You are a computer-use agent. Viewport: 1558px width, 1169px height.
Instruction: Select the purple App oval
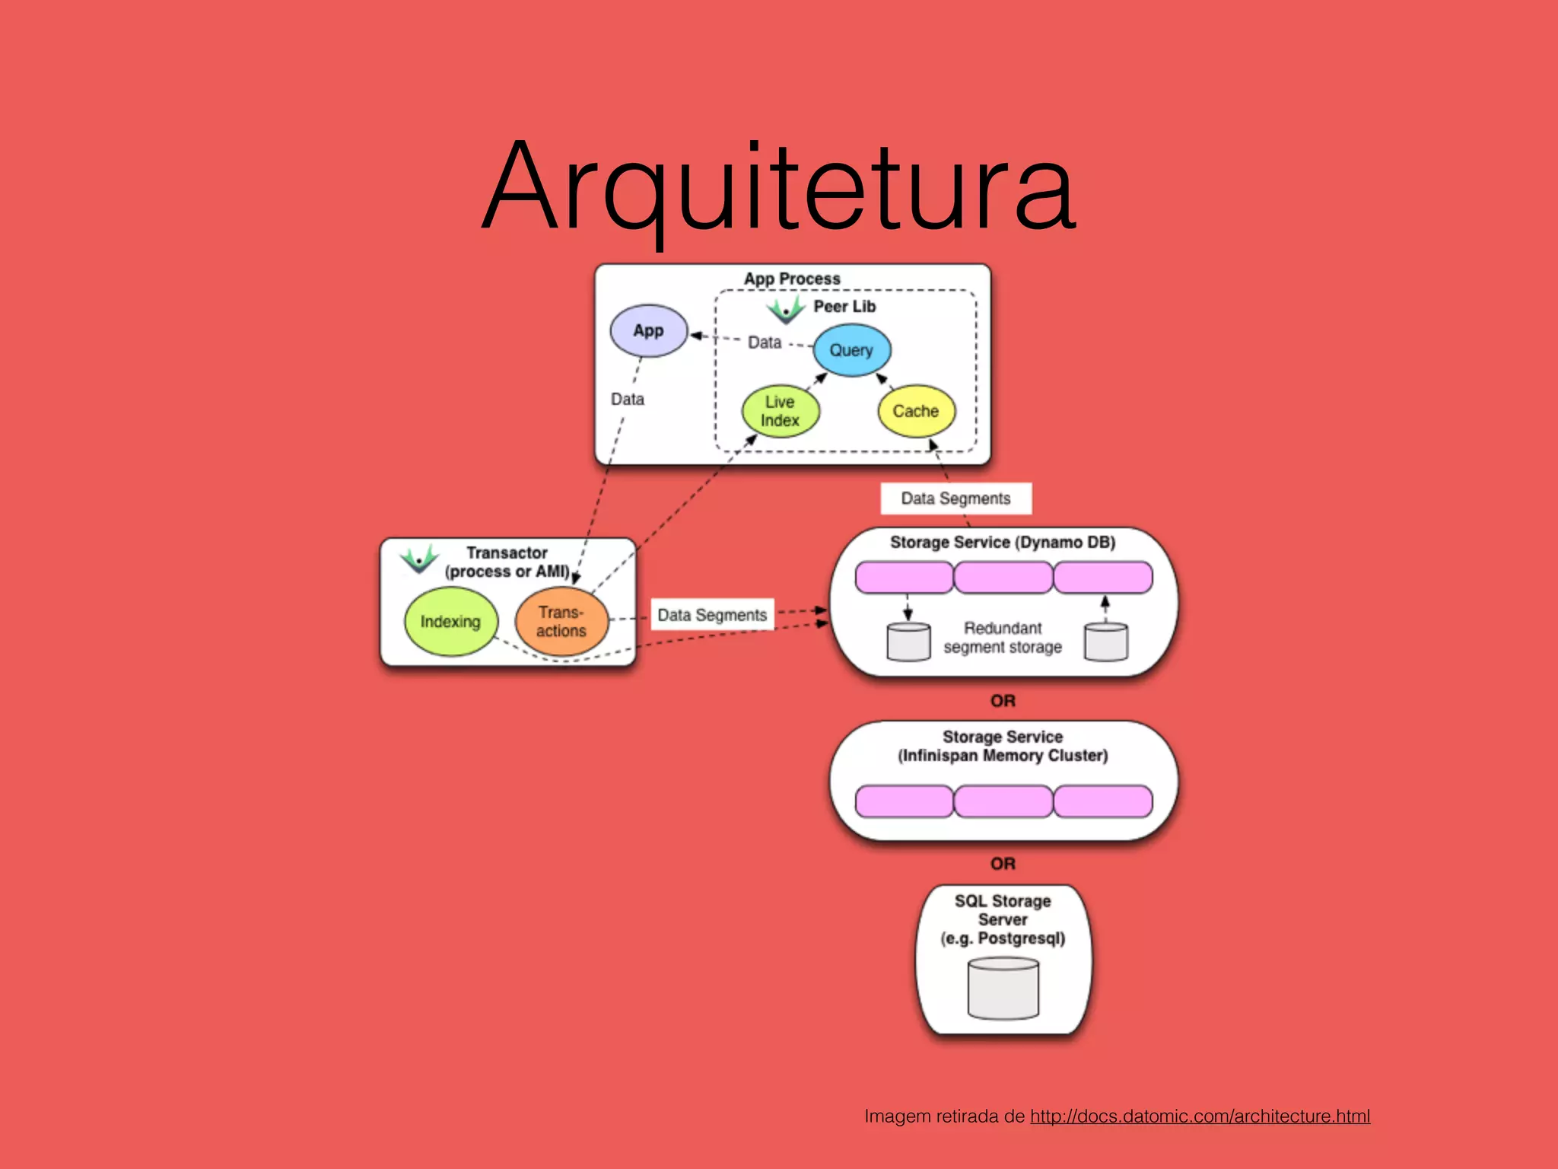pyautogui.click(x=649, y=331)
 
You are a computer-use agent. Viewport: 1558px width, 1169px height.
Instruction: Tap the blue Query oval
pyautogui.click(x=851, y=351)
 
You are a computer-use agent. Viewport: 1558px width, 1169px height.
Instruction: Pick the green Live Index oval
pyautogui.click(x=781, y=412)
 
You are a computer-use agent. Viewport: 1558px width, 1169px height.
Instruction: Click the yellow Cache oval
pyautogui.click(x=916, y=412)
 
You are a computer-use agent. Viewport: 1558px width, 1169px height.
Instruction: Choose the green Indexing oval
pyautogui.click(x=450, y=622)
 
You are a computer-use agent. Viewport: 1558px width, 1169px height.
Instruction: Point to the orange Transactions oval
pyautogui.click(x=561, y=622)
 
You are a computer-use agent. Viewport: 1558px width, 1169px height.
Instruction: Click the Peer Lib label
pyautogui.click(x=844, y=307)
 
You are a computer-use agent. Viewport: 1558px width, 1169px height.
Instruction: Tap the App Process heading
pyautogui.click(x=792, y=279)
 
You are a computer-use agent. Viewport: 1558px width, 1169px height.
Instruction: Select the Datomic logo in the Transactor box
pyautogui.click(x=419, y=559)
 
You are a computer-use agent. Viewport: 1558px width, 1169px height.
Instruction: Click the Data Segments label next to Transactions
pyautogui.click(x=712, y=615)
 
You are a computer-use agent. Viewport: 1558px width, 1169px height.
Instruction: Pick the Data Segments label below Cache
pyautogui.click(x=955, y=498)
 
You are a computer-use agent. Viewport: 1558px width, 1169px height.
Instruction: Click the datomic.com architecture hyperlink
pyautogui.click(x=1200, y=1116)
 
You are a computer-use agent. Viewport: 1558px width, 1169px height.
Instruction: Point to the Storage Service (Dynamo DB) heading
pyautogui.click(x=1003, y=543)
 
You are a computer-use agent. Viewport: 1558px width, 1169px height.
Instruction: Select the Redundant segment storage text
pyautogui.click(x=1003, y=638)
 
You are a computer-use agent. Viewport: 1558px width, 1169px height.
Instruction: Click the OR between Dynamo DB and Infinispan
pyautogui.click(x=1003, y=701)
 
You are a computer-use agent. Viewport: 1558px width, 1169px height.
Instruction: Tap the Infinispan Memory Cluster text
pyautogui.click(x=1003, y=756)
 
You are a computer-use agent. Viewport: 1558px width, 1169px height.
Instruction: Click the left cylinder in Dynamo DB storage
pyautogui.click(x=908, y=642)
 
